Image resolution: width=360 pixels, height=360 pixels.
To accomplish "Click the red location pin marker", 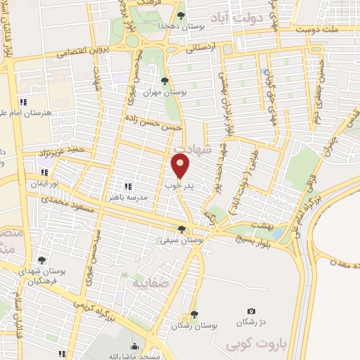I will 181,167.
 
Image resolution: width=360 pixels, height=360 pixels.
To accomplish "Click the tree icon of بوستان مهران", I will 165,81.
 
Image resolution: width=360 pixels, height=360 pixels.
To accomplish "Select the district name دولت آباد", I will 250,16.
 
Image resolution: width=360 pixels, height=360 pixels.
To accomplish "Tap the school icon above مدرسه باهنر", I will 128,186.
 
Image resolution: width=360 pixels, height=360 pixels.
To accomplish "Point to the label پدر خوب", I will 179,187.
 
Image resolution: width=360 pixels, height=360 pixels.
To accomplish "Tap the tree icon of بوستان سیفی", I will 182,229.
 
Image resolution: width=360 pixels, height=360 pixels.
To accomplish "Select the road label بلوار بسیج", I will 245,233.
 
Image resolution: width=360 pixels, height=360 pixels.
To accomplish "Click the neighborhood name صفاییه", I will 145,282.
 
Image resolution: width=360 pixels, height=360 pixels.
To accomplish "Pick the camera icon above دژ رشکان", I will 252,311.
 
